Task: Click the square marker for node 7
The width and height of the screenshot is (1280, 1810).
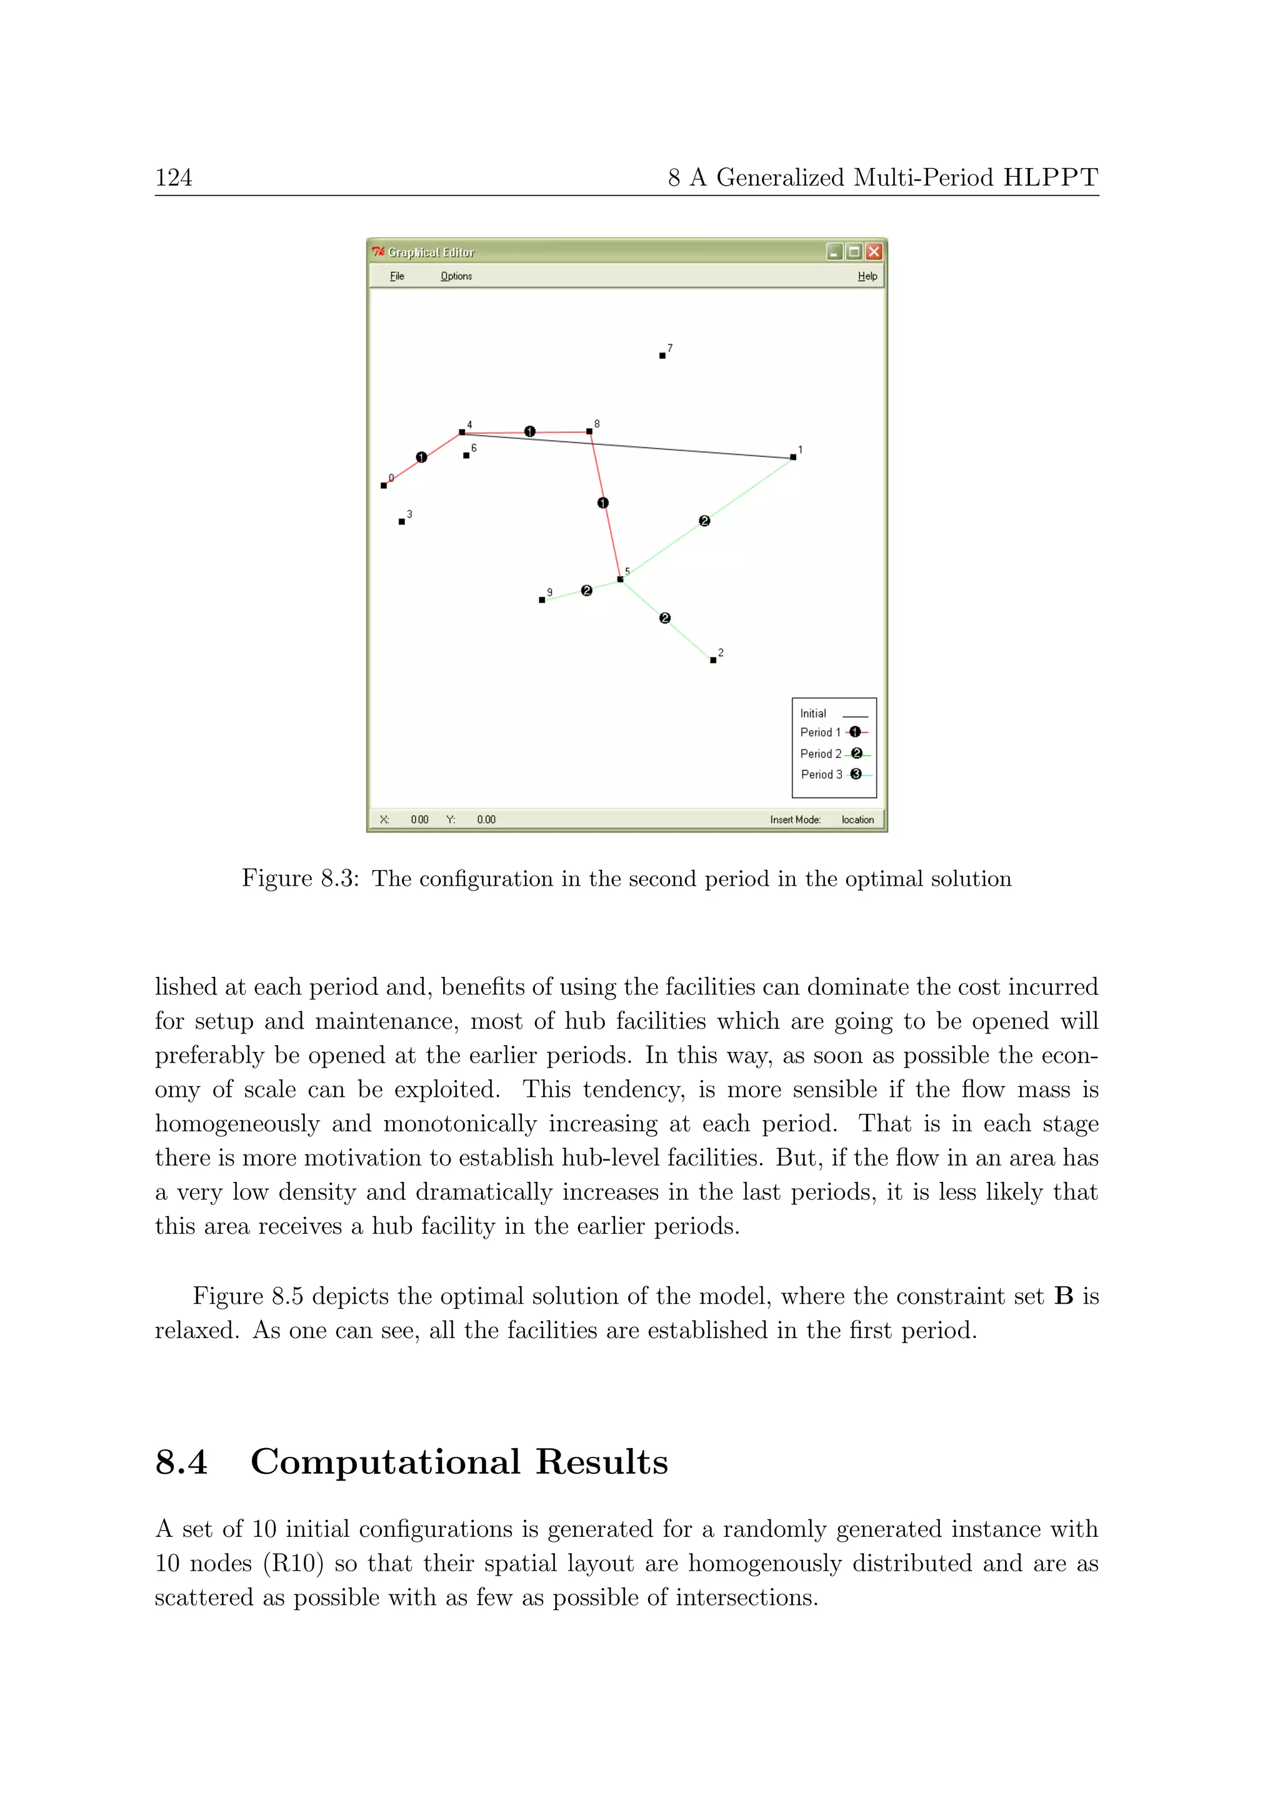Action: pyautogui.click(x=662, y=356)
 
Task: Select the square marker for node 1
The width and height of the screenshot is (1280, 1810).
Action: pyautogui.click(x=793, y=457)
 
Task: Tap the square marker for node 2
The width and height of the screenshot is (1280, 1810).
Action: pyautogui.click(x=712, y=660)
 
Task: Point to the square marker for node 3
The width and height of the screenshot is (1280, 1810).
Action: pyautogui.click(x=402, y=522)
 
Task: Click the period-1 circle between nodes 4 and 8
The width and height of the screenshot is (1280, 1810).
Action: pyautogui.click(x=529, y=431)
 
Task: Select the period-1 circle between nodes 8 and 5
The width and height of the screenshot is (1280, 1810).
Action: pyautogui.click(x=603, y=503)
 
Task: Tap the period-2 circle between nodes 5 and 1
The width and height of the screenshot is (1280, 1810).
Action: pyautogui.click(x=704, y=521)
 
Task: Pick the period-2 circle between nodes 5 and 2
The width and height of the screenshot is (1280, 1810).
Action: pyautogui.click(x=664, y=618)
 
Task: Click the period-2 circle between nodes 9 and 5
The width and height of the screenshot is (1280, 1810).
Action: pyautogui.click(x=586, y=591)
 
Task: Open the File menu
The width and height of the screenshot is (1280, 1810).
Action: pyautogui.click(x=397, y=276)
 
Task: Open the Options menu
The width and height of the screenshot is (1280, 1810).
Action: pyautogui.click(x=456, y=276)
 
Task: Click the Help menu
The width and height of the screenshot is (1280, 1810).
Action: pyautogui.click(x=867, y=276)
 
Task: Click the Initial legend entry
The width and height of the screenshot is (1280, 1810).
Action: pyautogui.click(x=833, y=713)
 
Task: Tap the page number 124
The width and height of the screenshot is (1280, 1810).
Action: pyautogui.click(x=173, y=177)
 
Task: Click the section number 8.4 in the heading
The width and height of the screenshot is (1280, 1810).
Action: pyautogui.click(x=181, y=1462)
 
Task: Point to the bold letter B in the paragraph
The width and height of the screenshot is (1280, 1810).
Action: pyautogui.click(x=1063, y=1297)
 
